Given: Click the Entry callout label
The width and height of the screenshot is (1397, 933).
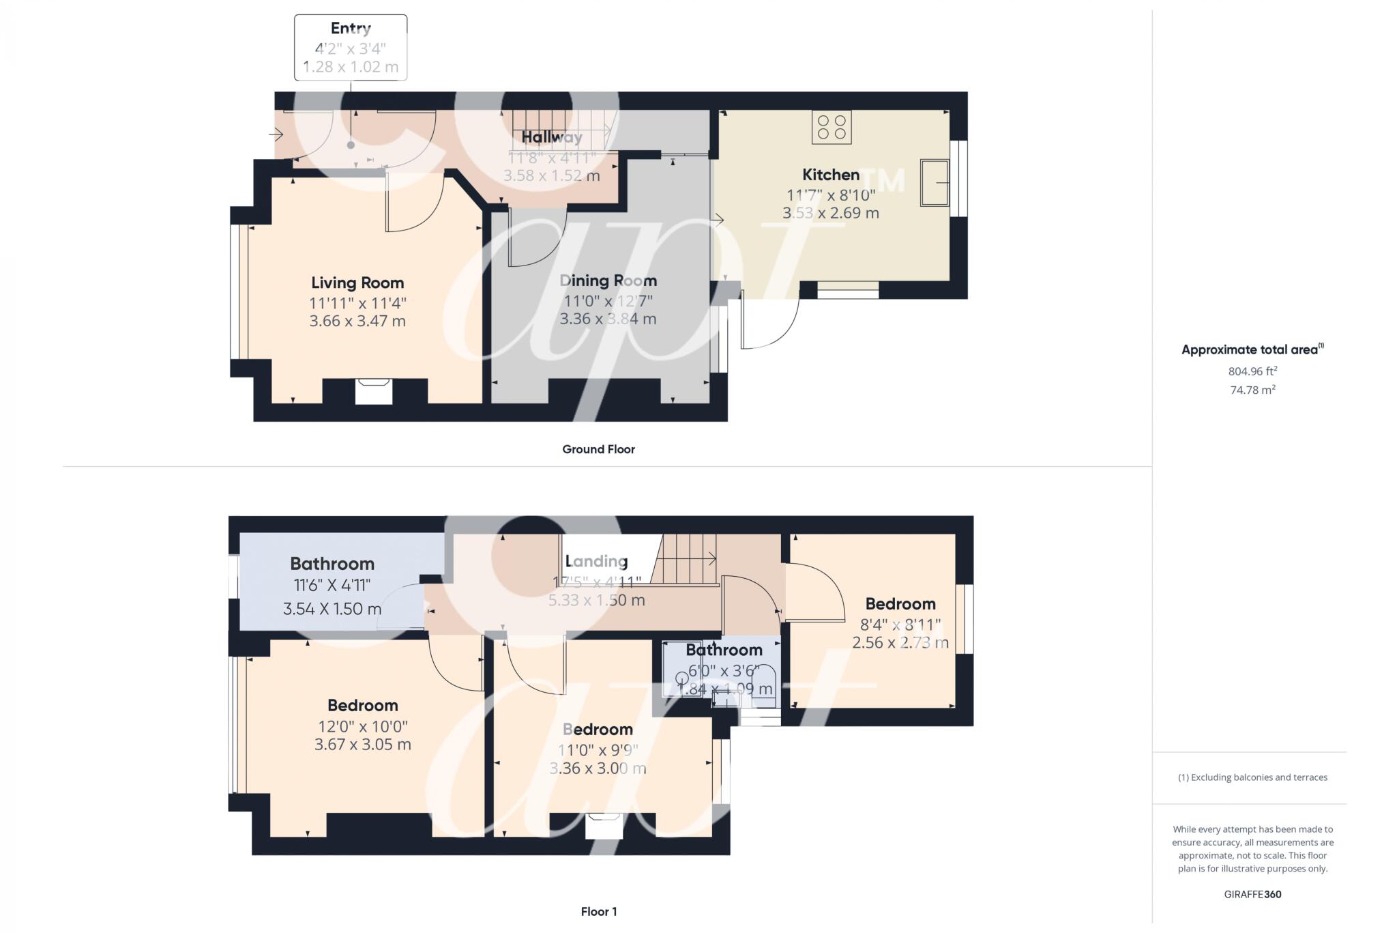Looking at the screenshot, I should tap(351, 29).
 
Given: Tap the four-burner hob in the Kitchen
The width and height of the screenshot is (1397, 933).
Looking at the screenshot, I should tap(831, 127).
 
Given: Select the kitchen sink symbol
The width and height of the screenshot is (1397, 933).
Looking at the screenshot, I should tap(934, 182).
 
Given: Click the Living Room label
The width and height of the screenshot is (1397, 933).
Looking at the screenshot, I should tap(357, 283).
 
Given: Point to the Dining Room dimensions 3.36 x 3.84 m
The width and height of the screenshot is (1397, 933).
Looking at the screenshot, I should tap(608, 319).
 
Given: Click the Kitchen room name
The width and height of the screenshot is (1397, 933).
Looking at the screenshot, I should tap(830, 175).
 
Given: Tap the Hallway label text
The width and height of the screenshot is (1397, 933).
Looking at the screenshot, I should tap(552, 137).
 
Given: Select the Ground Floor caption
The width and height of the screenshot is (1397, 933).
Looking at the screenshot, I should tap(598, 449).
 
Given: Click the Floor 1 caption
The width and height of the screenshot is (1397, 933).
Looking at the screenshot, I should tap(598, 911).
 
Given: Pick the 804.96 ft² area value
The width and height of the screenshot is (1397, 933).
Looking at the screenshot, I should tap(1252, 371).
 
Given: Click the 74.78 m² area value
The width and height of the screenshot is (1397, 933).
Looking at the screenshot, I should tap(1252, 390).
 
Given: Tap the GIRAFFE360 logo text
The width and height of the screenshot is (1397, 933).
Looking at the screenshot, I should tap(1252, 894).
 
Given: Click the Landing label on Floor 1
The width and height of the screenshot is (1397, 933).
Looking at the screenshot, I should tap(596, 561).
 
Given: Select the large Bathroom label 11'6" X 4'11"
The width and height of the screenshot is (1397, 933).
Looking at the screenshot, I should tap(332, 564).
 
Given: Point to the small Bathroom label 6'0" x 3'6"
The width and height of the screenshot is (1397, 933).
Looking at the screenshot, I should tap(724, 650).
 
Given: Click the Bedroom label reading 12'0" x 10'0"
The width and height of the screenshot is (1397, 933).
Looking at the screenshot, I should tap(362, 706).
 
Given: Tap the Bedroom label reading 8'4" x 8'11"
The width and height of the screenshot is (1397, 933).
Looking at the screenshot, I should tap(900, 604).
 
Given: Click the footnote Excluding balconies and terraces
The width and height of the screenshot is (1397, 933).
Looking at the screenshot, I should tap(1252, 777).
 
